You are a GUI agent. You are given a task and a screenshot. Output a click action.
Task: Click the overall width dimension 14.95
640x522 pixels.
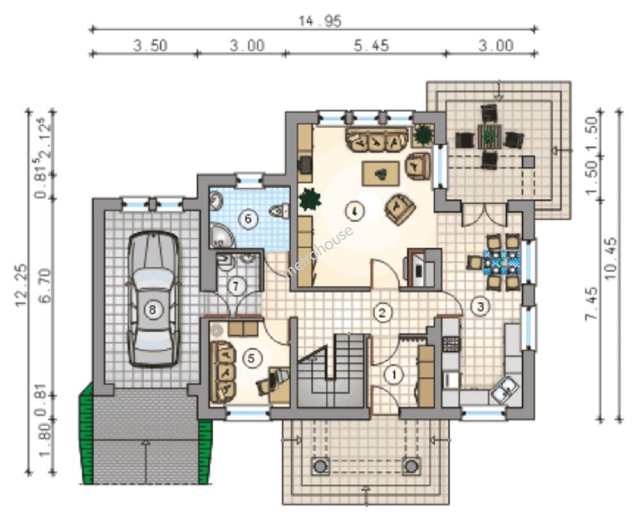(x=320, y=21)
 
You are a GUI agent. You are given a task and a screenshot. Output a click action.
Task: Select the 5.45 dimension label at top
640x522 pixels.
(x=371, y=46)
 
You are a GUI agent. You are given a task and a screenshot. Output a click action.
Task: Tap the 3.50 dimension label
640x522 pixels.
(x=150, y=46)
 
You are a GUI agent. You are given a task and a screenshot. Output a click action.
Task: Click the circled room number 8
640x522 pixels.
(x=152, y=310)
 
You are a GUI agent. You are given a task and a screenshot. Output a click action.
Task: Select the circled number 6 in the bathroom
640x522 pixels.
(x=248, y=218)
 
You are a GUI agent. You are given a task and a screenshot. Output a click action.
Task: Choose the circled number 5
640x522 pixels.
(x=251, y=359)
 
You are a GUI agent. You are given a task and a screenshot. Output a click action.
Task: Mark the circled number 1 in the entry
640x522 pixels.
(x=394, y=375)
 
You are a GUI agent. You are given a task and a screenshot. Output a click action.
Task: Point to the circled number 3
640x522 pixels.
(x=480, y=307)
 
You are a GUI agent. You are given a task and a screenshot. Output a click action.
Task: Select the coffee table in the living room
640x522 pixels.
(x=380, y=174)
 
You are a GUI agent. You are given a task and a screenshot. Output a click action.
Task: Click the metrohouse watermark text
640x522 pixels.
(x=319, y=252)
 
